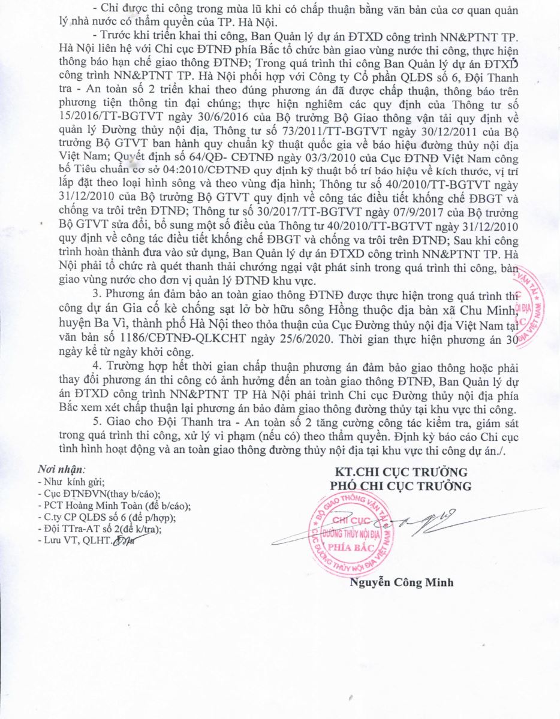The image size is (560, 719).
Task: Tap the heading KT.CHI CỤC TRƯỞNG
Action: [x=401, y=472]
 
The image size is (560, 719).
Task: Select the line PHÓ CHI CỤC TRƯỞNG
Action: [x=401, y=485]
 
